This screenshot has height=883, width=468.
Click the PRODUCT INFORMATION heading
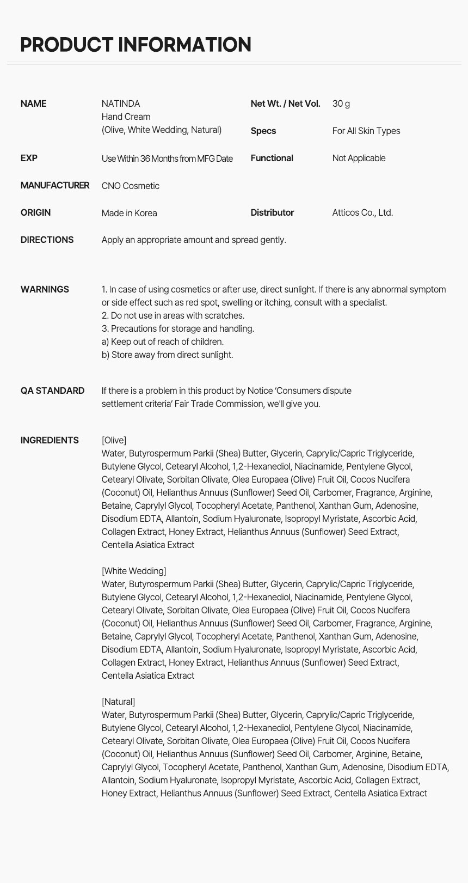pos(136,45)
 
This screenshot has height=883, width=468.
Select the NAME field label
pos(33,103)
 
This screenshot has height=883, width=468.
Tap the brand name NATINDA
pos(121,103)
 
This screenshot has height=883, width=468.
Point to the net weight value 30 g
pos(341,103)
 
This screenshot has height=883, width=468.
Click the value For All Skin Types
pos(366,131)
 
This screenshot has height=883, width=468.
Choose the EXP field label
pos(29,158)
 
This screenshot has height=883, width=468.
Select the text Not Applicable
pos(359,158)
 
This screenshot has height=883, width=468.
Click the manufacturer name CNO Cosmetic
pos(131,186)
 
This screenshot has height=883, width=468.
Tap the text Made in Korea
pos(129,213)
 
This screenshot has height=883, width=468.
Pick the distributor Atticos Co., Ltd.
pos(362,212)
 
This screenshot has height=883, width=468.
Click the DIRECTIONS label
pos(47,240)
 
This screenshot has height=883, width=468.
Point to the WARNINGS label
pos(45,289)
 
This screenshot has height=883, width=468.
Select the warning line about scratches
pos(173,315)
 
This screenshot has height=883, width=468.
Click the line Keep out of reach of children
pos(163,342)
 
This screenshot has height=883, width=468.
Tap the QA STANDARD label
pos(52,391)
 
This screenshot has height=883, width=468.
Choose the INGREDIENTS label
pos(50,440)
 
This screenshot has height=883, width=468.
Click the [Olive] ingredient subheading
pos(114,440)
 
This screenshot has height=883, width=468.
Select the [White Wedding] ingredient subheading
pos(134,571)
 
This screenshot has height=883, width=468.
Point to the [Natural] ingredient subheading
pos(118,702)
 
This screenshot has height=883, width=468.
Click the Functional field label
pos(272,158)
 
